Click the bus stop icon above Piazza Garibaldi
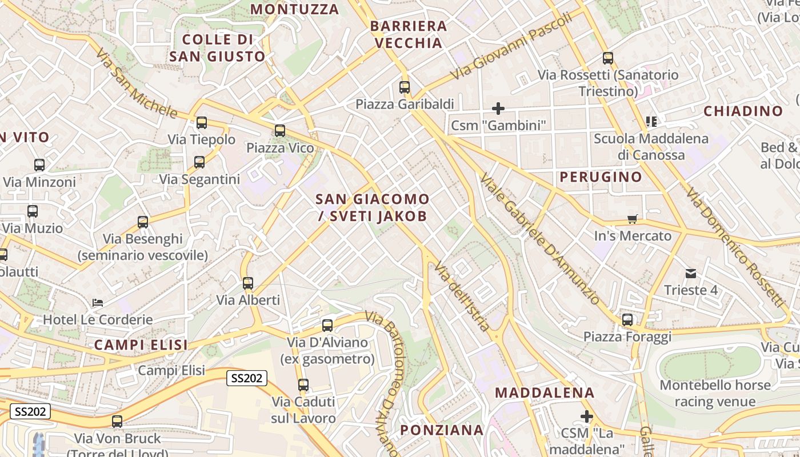[405, 87]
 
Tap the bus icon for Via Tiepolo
[201, 123]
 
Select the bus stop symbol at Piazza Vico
[279, 131]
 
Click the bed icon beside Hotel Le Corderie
[98, 302]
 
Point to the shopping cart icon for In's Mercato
[633, 219]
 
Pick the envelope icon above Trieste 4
[691, 273]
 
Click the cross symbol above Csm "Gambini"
[498, 108]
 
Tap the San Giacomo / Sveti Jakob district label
[372, 207]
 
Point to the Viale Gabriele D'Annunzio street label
[539, 239]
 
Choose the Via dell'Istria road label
[462, 297]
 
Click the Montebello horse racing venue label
[715, 393]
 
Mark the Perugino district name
[601, 177]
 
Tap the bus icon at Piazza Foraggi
[627, 320]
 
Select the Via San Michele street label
[137, 83]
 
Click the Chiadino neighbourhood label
[743, 111]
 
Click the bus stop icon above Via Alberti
[247, 283]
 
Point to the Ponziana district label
[442, 430]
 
